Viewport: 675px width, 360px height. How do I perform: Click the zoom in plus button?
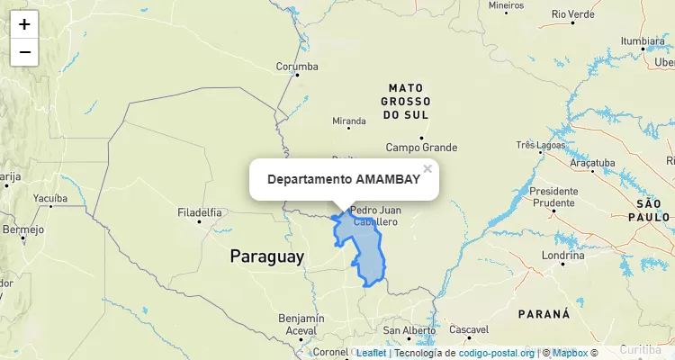[x=24, y=24]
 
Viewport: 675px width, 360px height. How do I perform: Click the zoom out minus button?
[x=24, y=52]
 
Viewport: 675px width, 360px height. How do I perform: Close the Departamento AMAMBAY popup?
[x=427, y=168]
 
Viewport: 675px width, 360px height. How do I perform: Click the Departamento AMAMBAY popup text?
[x=343, y=179]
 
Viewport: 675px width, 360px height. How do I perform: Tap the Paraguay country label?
[x=267, y=256]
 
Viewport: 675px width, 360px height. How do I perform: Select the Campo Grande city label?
[x=421, y=148]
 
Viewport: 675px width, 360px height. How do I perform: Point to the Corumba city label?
[x=297, y=67]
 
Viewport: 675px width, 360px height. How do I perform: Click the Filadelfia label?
[x=200, y=213]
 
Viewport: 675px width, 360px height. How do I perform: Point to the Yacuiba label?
[x=49, y=197]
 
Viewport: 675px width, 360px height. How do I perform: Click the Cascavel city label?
[x=468, y=329]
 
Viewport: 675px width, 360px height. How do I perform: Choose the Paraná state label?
[x=544, y=314]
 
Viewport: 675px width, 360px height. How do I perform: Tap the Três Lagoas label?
[x=540, y=145]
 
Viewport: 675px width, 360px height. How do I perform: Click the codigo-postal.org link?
[x=496, y=353]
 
